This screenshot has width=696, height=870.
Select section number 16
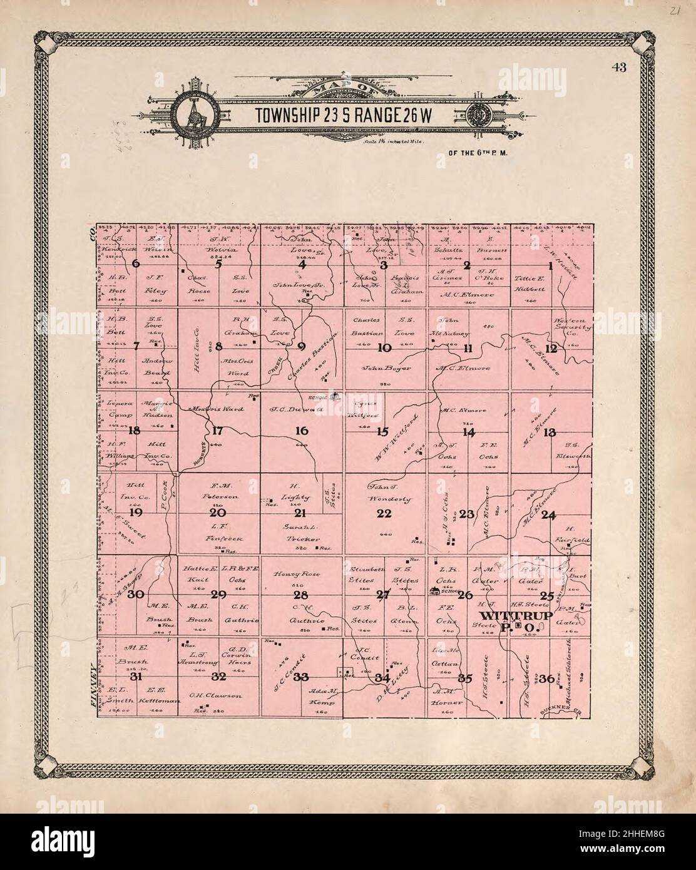[x=302, y=431]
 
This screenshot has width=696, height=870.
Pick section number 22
[x=384, y=514]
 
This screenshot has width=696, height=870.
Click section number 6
[x=136, y=264]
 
